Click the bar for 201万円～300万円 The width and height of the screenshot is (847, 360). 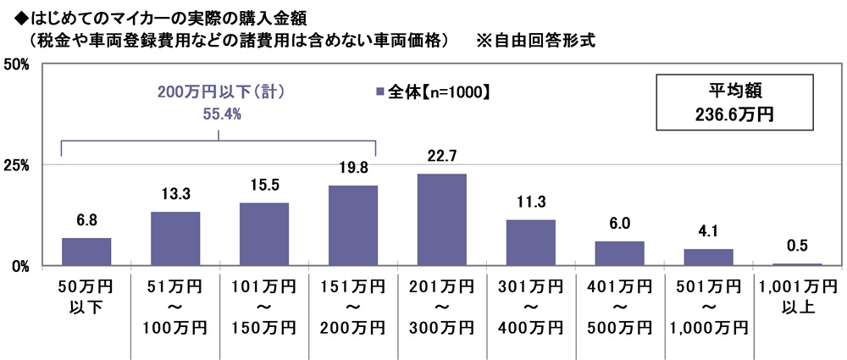point(442,220)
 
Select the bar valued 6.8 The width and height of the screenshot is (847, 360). point(86,252)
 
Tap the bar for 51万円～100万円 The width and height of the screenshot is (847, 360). point(175,239)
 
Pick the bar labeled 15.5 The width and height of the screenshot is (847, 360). point(264,235)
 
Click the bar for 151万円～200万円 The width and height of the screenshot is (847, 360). point(353,226)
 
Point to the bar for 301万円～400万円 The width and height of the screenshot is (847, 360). point(531,243)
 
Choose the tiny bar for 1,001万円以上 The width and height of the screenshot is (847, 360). point(798,264)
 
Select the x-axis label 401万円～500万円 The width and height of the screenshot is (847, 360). point(620,304)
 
